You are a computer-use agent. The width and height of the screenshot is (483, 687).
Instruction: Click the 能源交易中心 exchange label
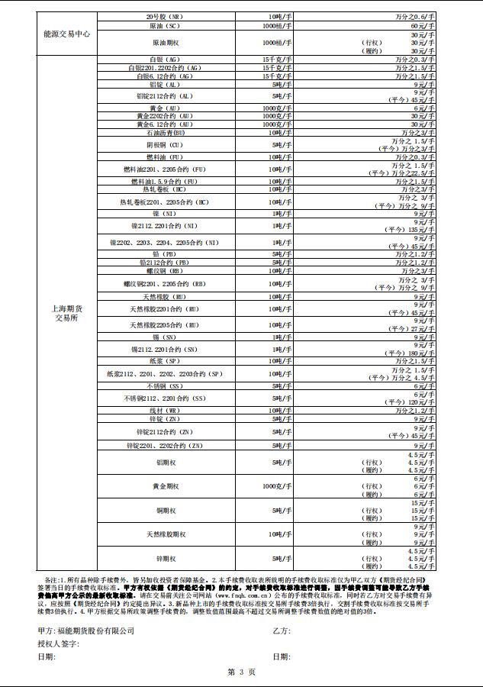[x=67, y=34]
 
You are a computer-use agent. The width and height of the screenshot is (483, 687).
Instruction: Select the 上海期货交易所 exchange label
[x=67, y=313]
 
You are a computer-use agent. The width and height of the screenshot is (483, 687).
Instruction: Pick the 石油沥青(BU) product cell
[x=166, y=133]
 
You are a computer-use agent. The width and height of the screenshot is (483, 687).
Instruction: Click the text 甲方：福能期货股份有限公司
[x=85, y=631]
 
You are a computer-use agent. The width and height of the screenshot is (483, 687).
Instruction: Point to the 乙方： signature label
[x=282, y=631]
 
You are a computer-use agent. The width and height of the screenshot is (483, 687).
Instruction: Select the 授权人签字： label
[x=58, y=644]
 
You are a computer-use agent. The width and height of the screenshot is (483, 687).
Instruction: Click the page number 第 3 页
[x=241, y=672]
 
